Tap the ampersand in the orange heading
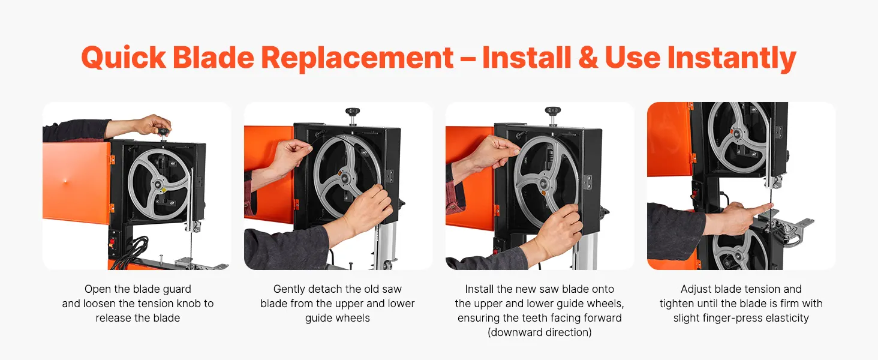(587, 58)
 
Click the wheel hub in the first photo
(158, 184)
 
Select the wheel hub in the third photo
(545, 182)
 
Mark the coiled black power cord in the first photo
(131, 251)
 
